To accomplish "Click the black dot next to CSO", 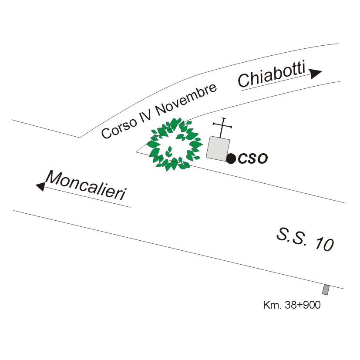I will point(231,158).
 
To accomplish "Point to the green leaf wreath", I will point(174,144).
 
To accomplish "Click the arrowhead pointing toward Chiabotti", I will point(316,73).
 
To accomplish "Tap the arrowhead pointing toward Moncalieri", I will point(40,186).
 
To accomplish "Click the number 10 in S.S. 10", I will point(324,245).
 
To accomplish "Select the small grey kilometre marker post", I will point(325,289).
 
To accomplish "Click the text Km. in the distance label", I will point(273,305).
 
